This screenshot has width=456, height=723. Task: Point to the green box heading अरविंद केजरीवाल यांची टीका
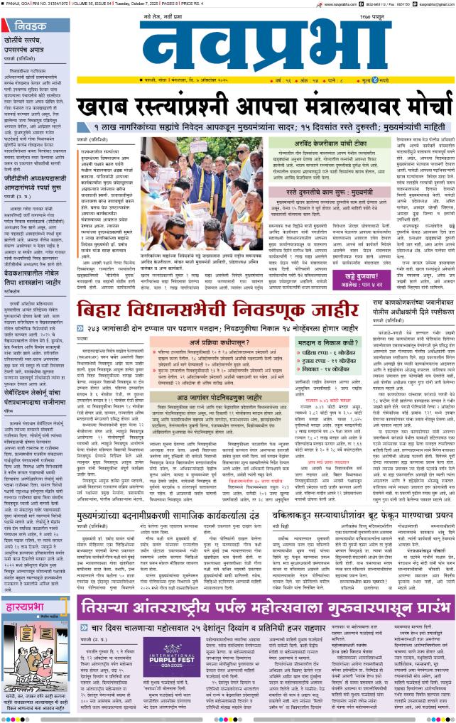[326, 142]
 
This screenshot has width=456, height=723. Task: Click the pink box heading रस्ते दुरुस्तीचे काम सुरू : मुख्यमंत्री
[326, 192]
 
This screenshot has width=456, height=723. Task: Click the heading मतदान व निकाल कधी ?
[326, 344]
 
